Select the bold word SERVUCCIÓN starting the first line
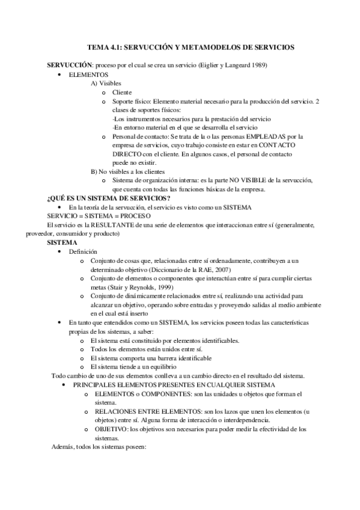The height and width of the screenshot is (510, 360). [69, 64]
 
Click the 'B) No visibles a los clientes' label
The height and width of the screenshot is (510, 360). [129, 171]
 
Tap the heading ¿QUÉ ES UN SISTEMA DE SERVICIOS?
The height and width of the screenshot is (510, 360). [108, 198]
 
